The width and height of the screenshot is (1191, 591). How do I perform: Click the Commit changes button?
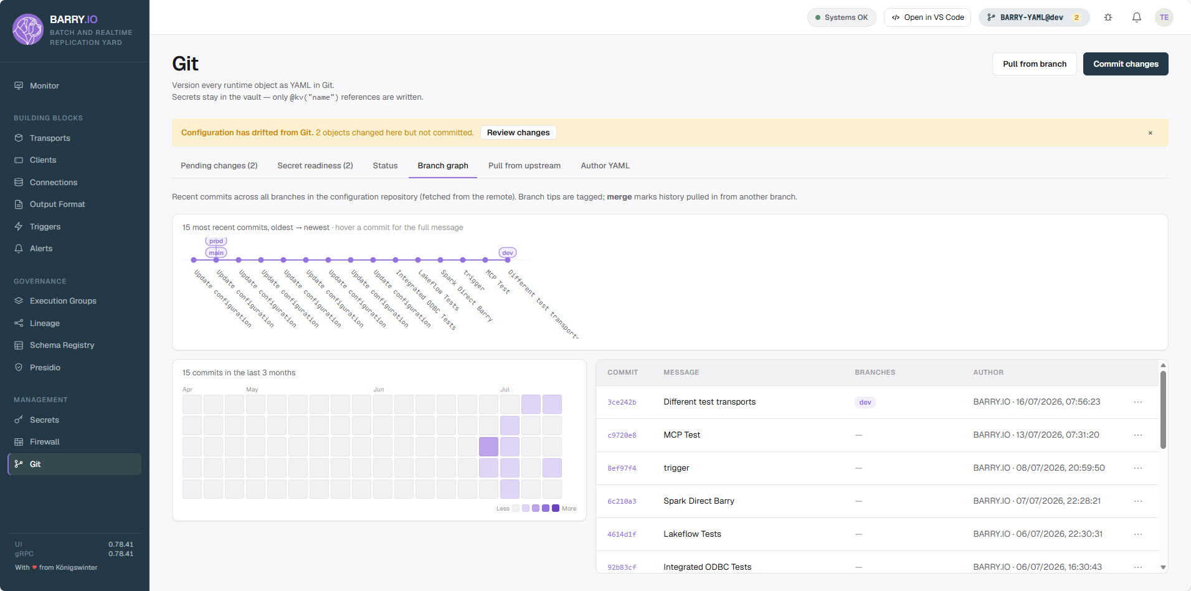click(1126, 64)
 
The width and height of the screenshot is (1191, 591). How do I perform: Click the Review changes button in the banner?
click(518, 133)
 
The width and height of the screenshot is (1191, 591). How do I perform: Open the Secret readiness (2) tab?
click(315, 166)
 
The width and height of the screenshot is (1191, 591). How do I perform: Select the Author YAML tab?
click(605, 166)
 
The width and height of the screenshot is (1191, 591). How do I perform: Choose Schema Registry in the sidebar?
click(62, 345)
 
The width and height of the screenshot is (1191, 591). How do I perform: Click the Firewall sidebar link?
click(45, 442)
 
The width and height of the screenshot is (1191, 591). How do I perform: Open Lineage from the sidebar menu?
click(45, 324)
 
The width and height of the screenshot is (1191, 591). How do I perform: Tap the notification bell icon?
click(1136, 17)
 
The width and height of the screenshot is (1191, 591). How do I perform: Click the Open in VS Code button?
click(928, 17)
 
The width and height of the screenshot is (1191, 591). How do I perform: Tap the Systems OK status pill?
click(842, 17)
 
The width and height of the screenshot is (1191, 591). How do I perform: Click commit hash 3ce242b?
click(622, 403)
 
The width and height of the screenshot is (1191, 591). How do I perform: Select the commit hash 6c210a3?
click(622, 502)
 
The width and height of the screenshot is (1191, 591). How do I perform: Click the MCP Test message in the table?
click(681, 435)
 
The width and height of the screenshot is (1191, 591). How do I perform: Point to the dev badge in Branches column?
click(865, 403)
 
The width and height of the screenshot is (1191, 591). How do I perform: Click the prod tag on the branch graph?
click(216, 241)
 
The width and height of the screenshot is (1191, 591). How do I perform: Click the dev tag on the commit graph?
click(508, 253)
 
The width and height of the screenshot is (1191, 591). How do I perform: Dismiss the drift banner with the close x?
click(1150, 133)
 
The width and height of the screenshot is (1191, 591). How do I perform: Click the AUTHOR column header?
click(988, 373)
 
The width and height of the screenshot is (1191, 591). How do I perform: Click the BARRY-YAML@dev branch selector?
click(1033, 17)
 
